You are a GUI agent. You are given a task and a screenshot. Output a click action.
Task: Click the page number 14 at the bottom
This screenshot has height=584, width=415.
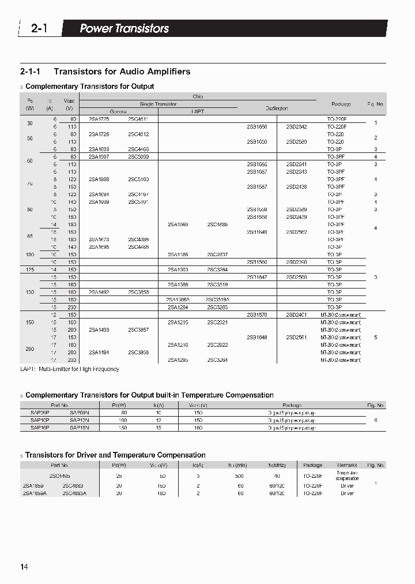(24, 567)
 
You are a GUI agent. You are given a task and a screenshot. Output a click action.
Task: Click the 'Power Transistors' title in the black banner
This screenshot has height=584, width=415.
(124, 28)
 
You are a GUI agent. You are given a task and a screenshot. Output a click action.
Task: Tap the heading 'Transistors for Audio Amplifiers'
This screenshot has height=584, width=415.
(122, 72)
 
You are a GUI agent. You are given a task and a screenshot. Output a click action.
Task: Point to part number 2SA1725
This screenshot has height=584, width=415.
(99, 118)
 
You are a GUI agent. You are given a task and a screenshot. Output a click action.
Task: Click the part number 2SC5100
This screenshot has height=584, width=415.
(138, 179)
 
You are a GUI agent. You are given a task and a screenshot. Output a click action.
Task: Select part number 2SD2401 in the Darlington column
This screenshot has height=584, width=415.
(296, 315)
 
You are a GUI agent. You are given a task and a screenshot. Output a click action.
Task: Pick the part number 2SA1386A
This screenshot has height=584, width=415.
(178, 300)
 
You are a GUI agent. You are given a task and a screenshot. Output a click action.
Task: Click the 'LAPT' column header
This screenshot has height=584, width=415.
(198, 111)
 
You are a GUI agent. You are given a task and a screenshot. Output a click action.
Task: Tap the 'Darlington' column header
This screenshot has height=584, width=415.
(277, 108)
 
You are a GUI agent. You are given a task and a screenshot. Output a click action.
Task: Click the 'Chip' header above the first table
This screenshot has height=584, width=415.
(198, 96)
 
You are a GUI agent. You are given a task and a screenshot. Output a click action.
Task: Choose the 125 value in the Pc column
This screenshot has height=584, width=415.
(29, 269)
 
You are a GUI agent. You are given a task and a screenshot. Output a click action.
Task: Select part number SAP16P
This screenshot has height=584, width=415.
(40, 428)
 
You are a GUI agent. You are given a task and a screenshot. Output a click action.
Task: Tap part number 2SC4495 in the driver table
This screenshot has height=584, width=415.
(60, 476)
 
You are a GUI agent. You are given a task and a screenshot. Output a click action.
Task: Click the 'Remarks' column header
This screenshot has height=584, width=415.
(348, 465)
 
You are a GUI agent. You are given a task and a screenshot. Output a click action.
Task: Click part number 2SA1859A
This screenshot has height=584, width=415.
(33, 493)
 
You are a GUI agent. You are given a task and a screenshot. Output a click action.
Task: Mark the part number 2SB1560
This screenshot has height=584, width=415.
(256, 262)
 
